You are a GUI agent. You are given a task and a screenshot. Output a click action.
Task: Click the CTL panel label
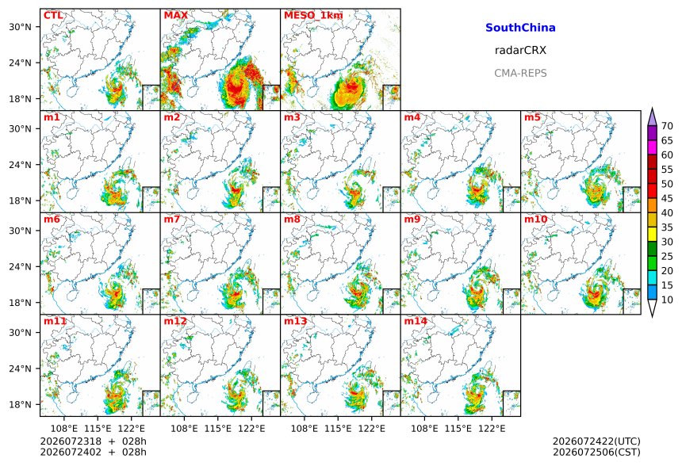click(53, 16)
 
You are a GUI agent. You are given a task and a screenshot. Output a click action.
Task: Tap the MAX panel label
click(176, 16)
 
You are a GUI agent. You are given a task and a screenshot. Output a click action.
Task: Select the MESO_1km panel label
click(313, 16)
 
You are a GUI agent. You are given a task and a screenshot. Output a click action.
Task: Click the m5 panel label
click(532, 117)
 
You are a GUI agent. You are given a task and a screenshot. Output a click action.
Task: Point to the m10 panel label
click(535, 219)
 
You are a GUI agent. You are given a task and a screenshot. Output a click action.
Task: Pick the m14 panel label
click(416, 321)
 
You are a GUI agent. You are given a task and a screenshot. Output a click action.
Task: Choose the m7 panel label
click(172, 219)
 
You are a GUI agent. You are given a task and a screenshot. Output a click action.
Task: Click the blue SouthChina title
click(520, 28)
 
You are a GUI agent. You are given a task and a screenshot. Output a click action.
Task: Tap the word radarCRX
click(520, 50)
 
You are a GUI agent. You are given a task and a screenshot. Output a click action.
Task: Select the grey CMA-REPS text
click(520, 73)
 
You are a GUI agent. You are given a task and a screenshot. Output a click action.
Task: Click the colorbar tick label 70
click(667, 126)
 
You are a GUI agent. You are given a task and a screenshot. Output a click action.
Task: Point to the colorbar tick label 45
click(667, 198)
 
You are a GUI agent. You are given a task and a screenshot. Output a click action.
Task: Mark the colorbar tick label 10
click(667, 300)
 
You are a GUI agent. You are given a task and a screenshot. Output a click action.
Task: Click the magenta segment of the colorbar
click(652, 147)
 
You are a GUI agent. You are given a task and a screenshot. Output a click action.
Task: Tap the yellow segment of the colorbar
click(652, 235)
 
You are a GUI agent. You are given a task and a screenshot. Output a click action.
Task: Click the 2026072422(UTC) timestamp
click(596, 441)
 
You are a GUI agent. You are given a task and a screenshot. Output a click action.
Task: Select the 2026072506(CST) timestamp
click(596, 452)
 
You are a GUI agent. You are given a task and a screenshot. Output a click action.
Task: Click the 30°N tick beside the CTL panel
click(21, 27)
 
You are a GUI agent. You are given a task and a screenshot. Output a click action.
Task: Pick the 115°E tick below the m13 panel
click(338, 429)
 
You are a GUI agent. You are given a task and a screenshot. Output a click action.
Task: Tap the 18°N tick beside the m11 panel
click(21, 404)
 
